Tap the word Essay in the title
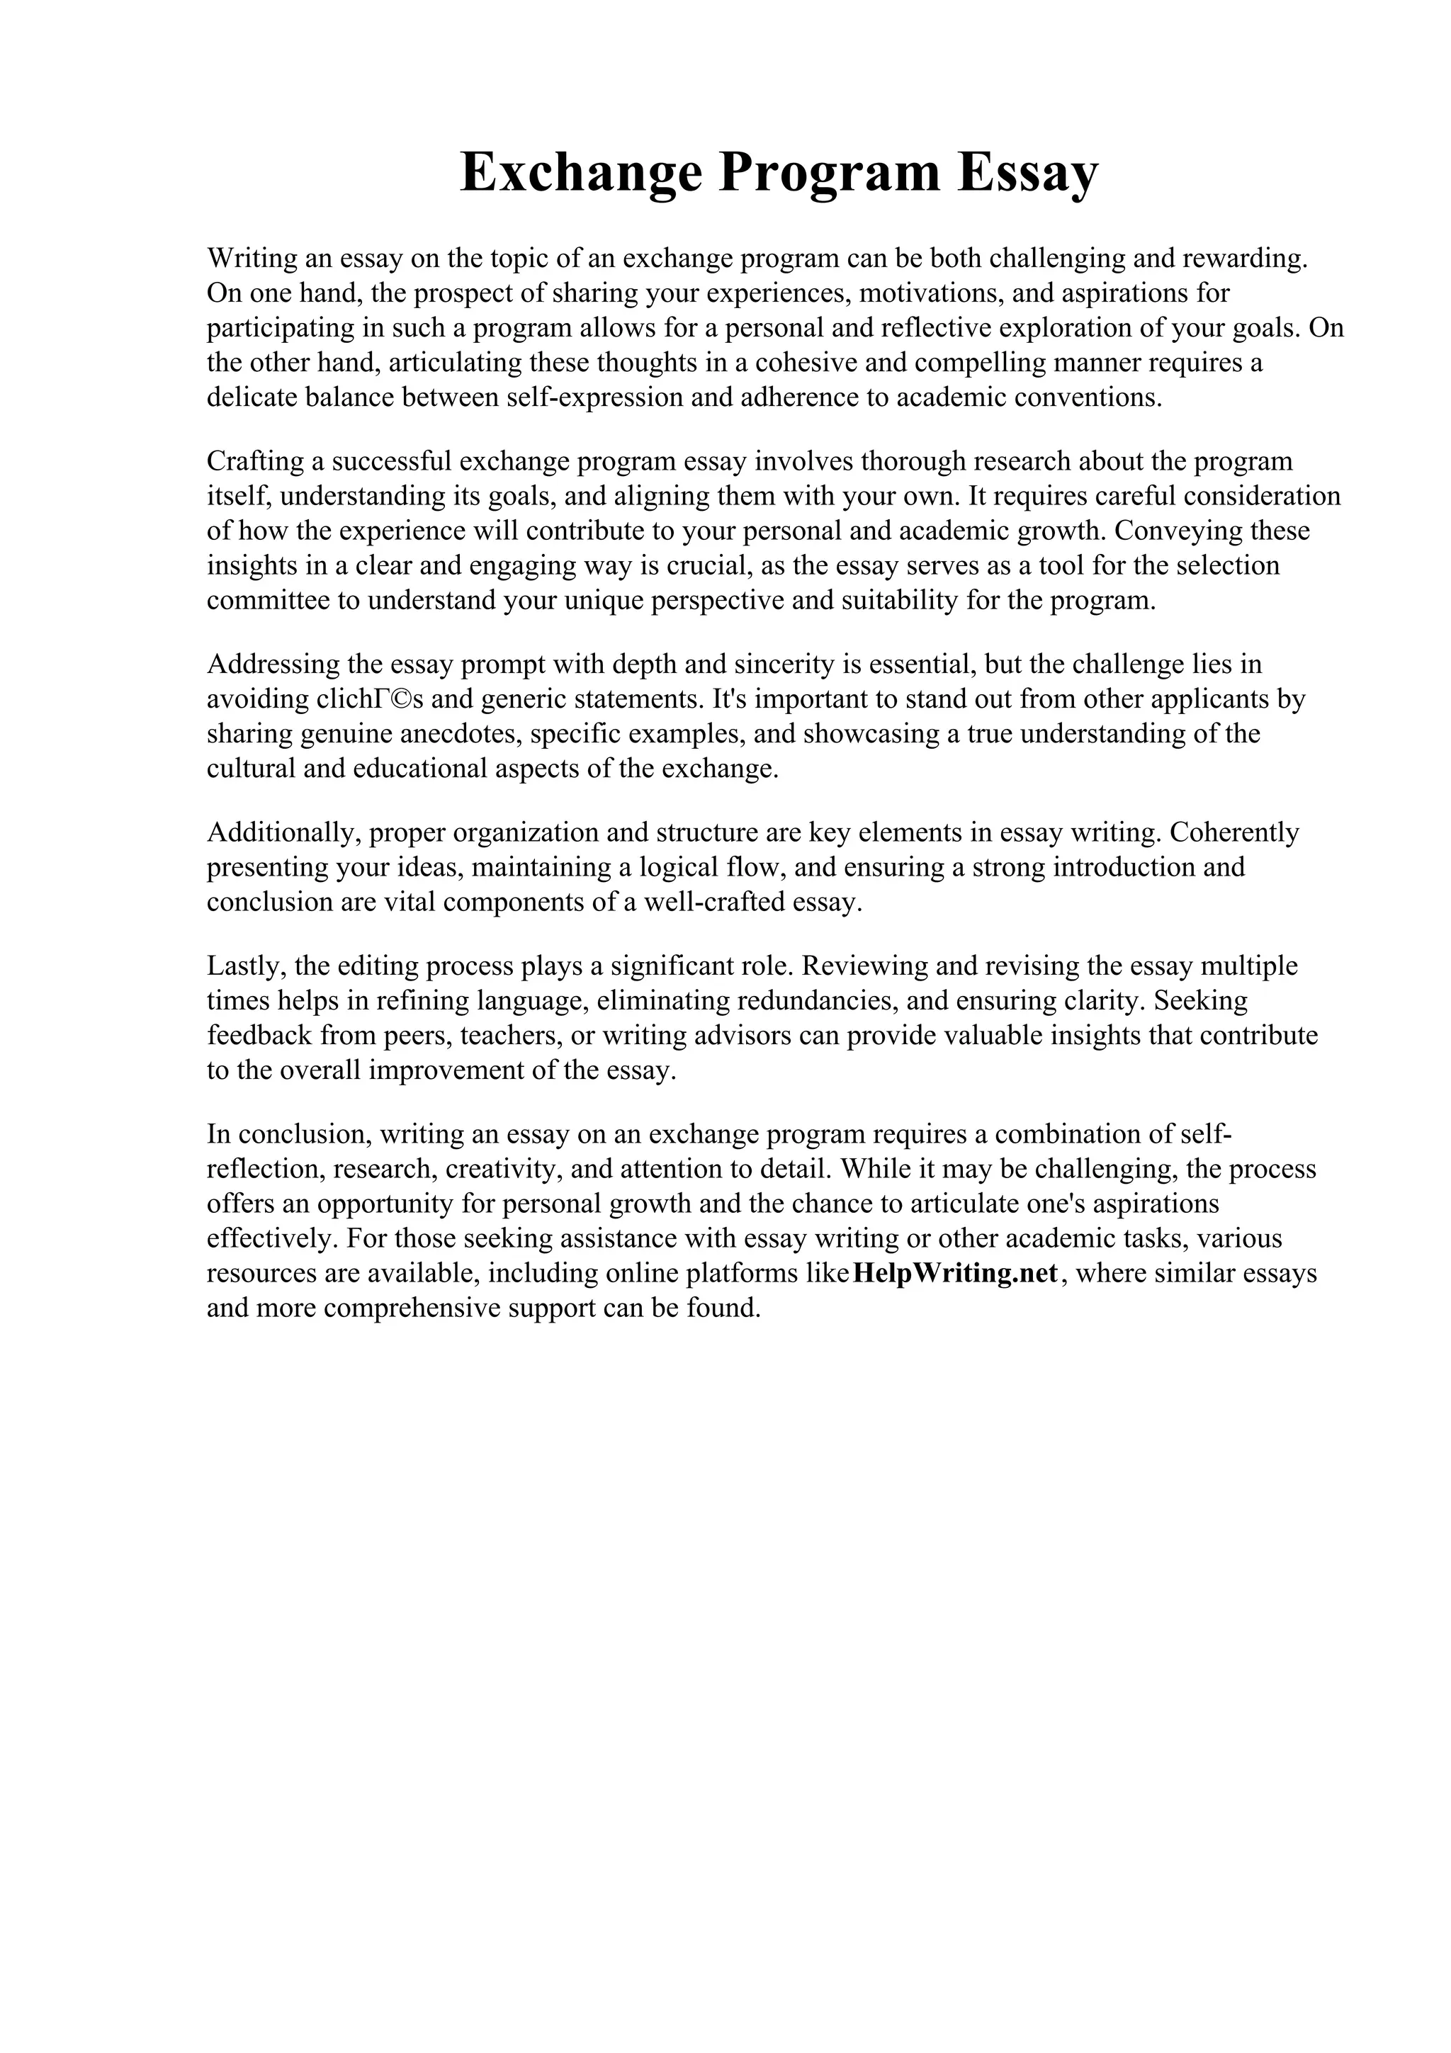(x=1027, y=173)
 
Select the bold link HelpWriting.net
(x=956, y=1272)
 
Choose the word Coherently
(x=1233, y=832)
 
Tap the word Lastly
(x=242, y=966)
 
